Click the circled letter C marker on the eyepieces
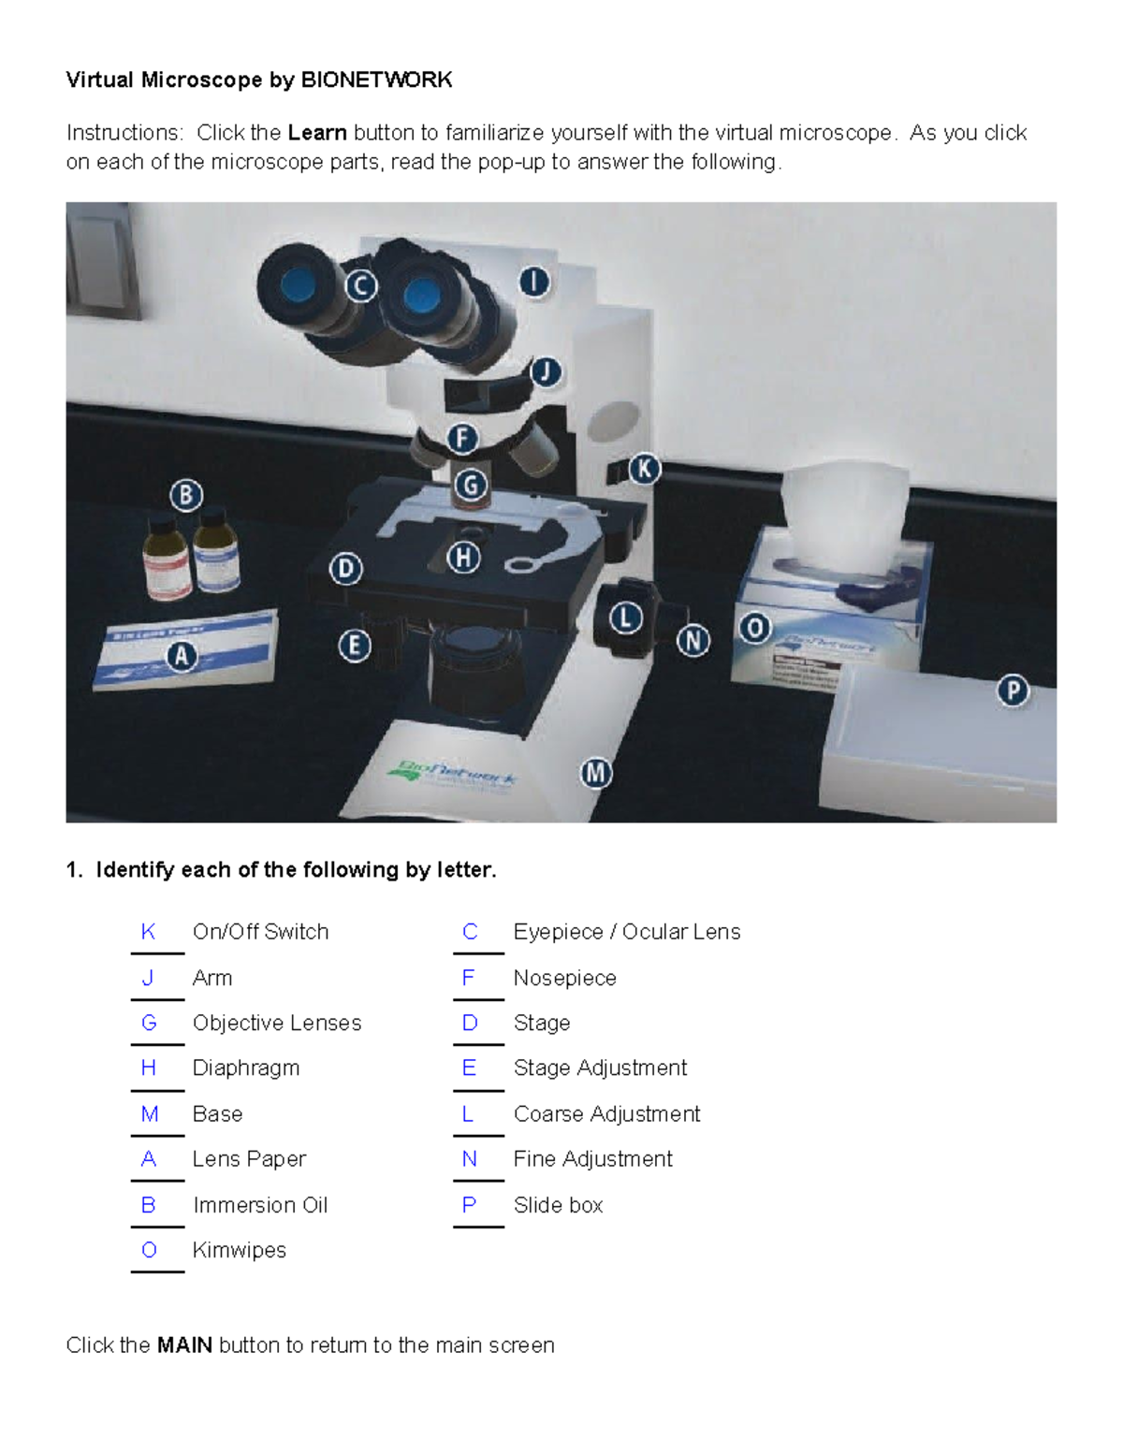360,285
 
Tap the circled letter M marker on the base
596,774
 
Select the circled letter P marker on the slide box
1013,691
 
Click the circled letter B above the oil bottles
186,495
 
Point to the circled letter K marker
644,469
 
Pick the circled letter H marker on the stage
463,558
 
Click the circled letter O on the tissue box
754,628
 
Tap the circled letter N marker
693,641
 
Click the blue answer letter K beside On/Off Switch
148,932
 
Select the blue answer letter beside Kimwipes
149,1250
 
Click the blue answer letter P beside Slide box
469,1205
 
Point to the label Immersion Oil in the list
260,1205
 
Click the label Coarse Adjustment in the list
606,1113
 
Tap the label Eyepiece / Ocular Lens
627,932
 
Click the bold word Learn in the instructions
317,133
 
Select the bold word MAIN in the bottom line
184,1345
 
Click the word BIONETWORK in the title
376,80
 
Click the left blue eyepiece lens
297,283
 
